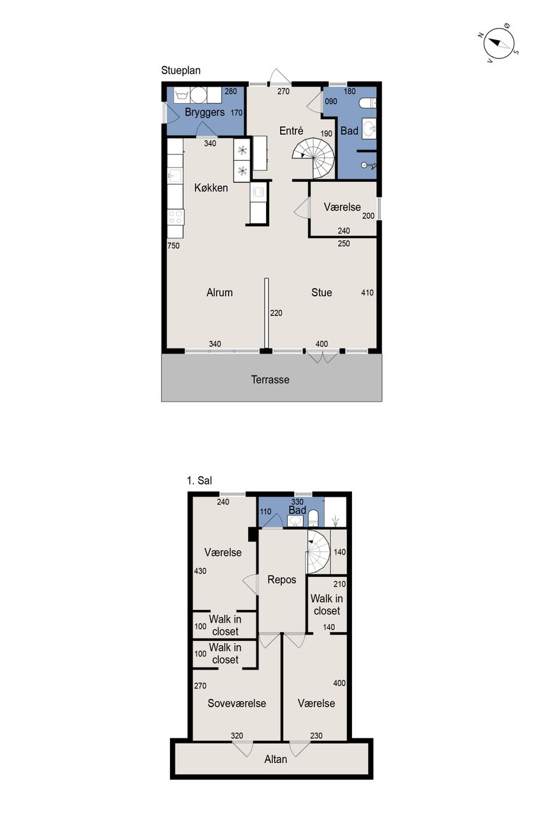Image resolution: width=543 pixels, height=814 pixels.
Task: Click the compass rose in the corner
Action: coord(498,43)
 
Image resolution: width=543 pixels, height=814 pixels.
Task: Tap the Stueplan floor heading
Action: coord(181,71)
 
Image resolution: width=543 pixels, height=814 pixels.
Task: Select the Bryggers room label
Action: coord(205,113)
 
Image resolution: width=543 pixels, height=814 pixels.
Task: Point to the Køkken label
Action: coord(211,188)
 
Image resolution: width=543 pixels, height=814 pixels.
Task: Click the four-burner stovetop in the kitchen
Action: coord(175,217)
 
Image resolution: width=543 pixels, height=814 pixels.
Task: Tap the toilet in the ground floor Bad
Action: coord(368,103)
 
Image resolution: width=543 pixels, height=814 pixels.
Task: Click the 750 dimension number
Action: coord(174,245)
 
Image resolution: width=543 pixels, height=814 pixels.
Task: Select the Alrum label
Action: coord(220,293)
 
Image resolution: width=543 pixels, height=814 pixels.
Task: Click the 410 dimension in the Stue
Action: coord(367,293)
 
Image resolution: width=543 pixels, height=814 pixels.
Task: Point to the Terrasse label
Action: coord(271,380)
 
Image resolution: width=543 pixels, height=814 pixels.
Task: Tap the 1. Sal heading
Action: coord(199,481)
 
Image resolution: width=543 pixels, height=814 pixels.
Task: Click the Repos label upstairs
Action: coord(281,579)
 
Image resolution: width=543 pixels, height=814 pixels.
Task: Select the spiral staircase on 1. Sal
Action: coord(318,551)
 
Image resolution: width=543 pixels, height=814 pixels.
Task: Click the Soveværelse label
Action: coord(237,703)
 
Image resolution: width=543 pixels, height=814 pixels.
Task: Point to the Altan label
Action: coord(276,759)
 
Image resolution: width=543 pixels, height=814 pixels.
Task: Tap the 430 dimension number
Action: coord(200,571)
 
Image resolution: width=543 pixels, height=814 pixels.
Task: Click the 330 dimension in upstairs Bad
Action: coord(297,502)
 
